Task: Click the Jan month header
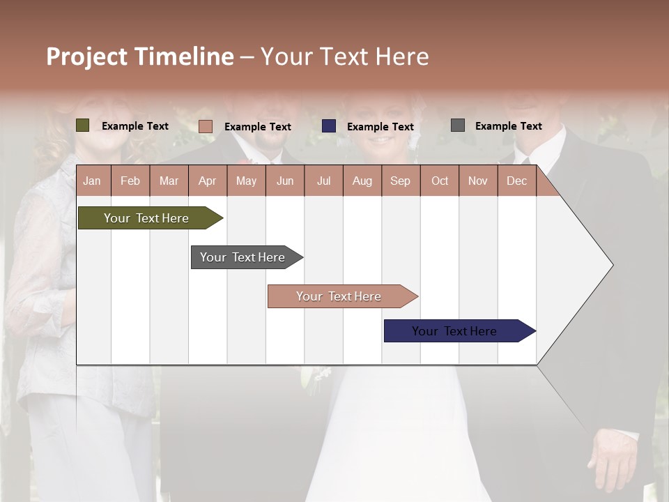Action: coord(93,181)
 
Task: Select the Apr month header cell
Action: coord(208,181)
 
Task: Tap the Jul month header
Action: coord(323,181)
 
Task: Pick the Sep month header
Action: coord(401,181)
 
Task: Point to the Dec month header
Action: coord(516,181)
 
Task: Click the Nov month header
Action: coord(478,181)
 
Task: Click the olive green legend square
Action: coord(83,125)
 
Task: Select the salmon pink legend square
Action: coord(206,126)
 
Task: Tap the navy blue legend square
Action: coord(329,126)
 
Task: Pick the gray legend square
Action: coord(458,125)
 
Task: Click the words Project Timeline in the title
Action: coord(140,56)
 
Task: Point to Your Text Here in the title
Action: coord(345,56)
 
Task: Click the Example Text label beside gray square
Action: coord(508,125)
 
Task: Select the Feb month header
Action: coord(130,181)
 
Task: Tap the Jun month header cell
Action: coord(285,181)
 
